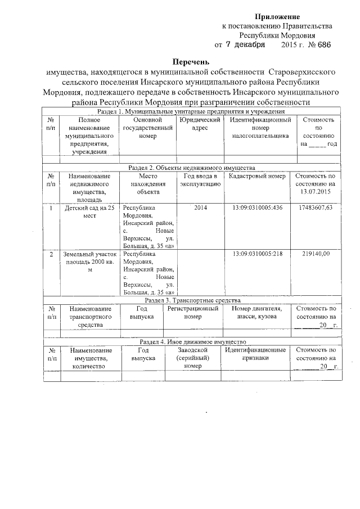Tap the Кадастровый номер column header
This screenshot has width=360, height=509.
tap(257, 176)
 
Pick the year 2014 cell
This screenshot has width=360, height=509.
tap(200, 208)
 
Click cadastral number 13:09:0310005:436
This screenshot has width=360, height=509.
tap(257, 208)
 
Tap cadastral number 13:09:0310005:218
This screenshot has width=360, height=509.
tap(257, 254)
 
